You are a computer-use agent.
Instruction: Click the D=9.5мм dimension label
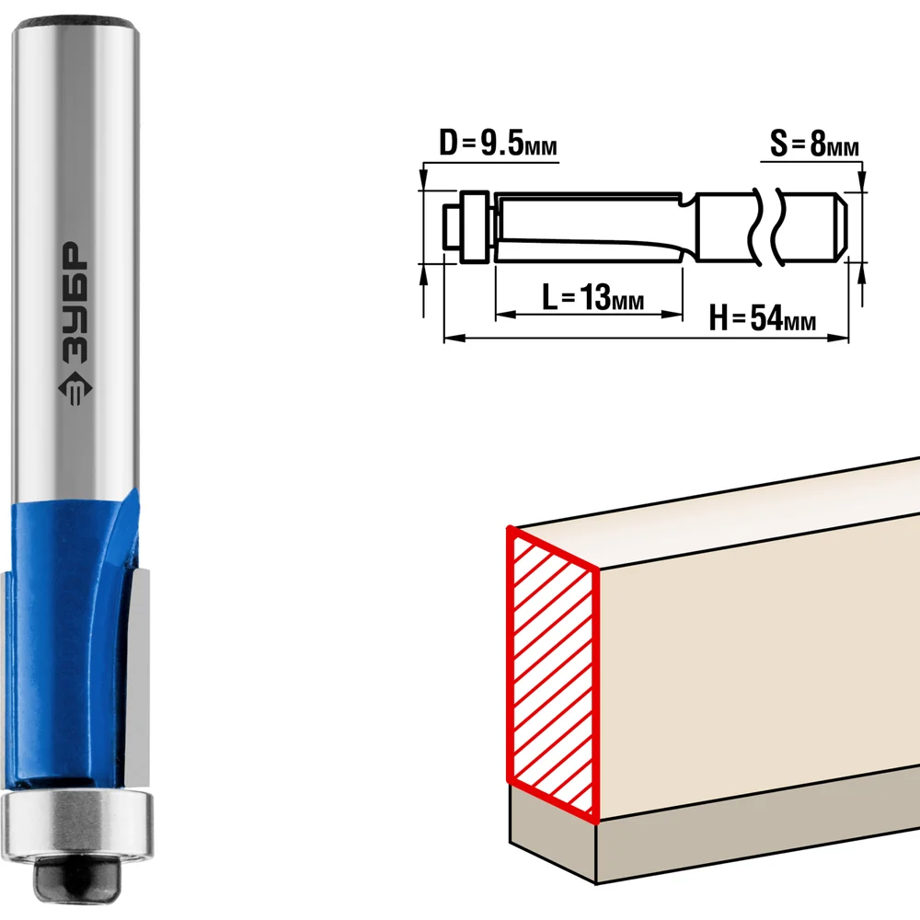(498, 144)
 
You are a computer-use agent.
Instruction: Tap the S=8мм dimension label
(814, 144)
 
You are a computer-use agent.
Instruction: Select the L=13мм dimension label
(592, 297)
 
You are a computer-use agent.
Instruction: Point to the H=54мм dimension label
(762, 318)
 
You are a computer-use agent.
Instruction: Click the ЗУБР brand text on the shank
(75, 302)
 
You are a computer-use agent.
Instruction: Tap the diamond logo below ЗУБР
(75, 388)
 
